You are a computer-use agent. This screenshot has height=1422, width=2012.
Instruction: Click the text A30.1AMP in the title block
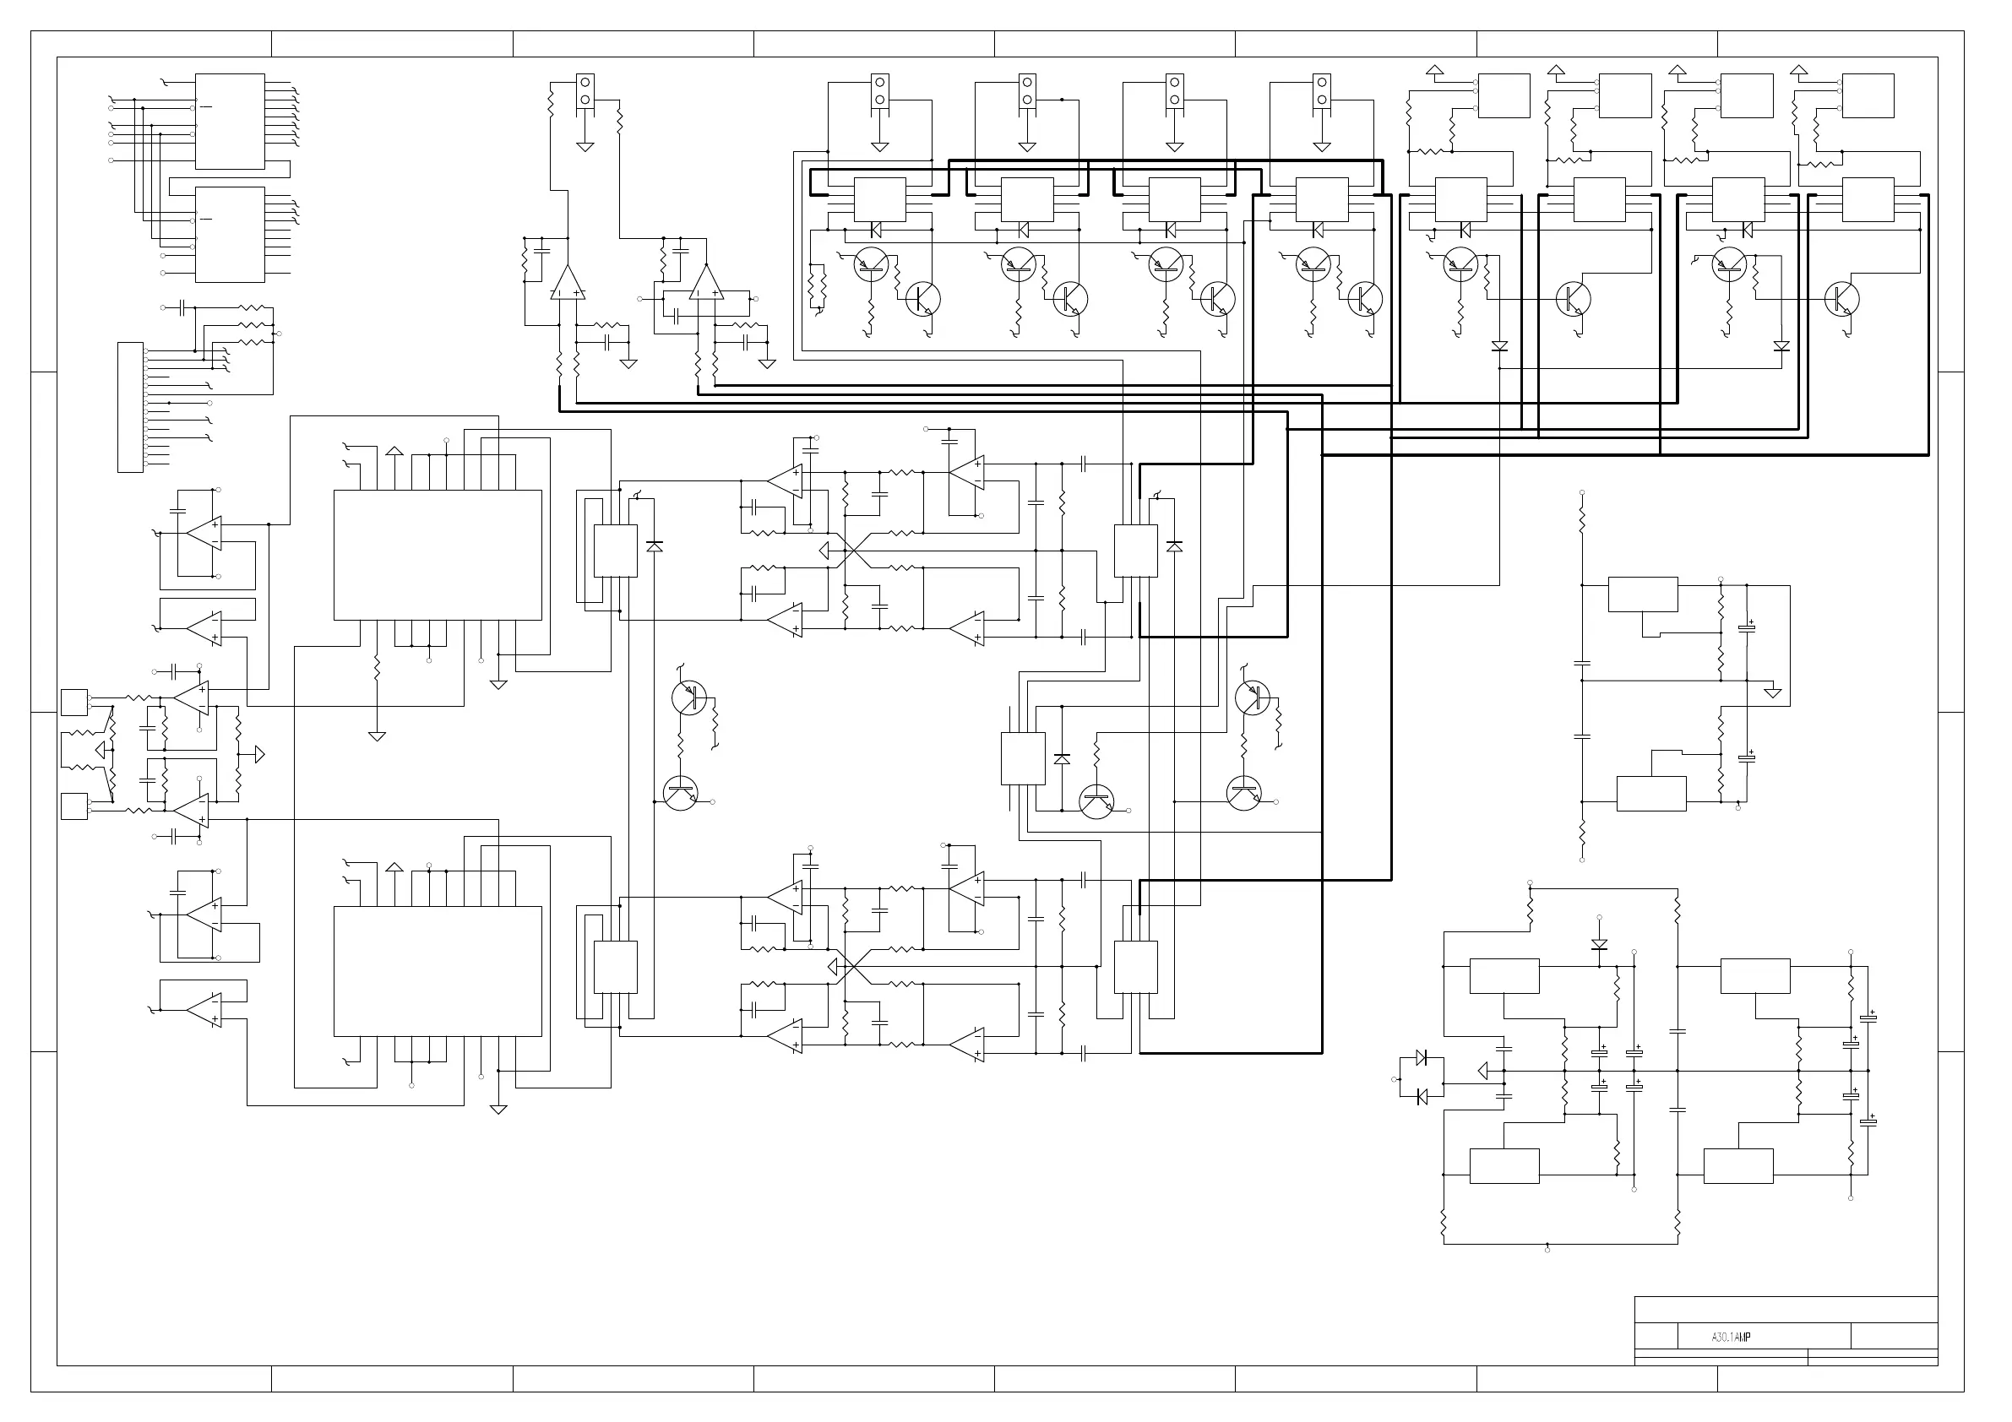1731,1337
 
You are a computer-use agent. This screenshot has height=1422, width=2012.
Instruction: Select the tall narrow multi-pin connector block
130,407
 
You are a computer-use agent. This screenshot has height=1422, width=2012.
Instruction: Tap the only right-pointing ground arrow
258,753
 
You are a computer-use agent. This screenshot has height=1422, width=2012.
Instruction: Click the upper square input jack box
74,703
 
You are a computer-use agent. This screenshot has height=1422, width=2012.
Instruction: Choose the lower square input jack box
74,806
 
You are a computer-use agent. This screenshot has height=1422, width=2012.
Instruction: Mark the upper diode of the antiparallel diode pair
1422,1057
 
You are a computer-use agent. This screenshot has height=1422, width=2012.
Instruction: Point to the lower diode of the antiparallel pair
1422,1096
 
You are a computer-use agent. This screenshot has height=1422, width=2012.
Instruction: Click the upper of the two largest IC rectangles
438,555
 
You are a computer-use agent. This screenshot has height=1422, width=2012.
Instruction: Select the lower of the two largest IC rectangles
438,971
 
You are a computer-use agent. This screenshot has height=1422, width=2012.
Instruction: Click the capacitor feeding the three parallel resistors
182,307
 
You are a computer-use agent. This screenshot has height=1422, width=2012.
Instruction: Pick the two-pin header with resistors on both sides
585,90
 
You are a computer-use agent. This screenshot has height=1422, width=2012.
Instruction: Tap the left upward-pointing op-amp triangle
567,282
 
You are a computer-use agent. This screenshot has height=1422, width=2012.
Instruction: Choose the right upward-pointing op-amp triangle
706,282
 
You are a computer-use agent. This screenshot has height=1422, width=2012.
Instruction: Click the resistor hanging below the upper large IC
377,670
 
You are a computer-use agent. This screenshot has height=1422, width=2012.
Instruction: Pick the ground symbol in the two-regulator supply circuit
1773,692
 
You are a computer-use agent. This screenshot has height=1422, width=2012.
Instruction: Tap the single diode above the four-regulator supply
1599,945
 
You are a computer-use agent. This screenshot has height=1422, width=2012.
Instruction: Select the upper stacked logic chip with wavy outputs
230,121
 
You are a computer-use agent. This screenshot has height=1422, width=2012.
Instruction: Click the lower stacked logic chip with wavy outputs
230,234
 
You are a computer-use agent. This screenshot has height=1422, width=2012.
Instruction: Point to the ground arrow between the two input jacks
103,750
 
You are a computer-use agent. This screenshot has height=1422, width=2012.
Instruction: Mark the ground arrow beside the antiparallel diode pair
1482,1071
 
